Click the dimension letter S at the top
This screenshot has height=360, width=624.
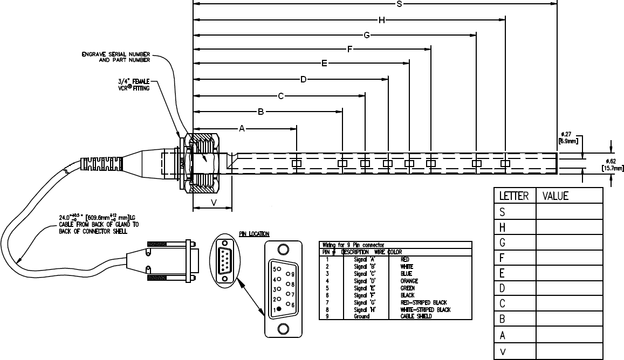(x=399, y=4)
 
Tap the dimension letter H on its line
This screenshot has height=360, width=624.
(x=381, y=20)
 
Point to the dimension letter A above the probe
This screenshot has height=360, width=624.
(x=242, y=128)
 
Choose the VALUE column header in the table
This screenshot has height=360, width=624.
(x=556, y=196)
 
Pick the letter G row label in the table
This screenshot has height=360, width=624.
(x=502, y=243)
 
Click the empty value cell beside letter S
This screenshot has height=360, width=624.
(x=568, y=212)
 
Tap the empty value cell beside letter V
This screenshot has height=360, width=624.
(x=568, y=351)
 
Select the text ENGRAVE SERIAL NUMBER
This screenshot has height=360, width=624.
(x=115, y=54)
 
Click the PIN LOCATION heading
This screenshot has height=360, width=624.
(x=254, y=234)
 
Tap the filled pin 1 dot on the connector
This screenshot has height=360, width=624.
(x=279, y=309)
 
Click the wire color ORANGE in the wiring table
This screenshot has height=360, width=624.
(x=410, y=281)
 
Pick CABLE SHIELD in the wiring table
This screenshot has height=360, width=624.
(x=416, y=316)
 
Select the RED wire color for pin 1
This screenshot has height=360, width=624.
(x=406, y=259)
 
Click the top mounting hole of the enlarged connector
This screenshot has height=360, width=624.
(x=282, y=250)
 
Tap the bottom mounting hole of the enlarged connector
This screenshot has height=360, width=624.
(x=282, y=329)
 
